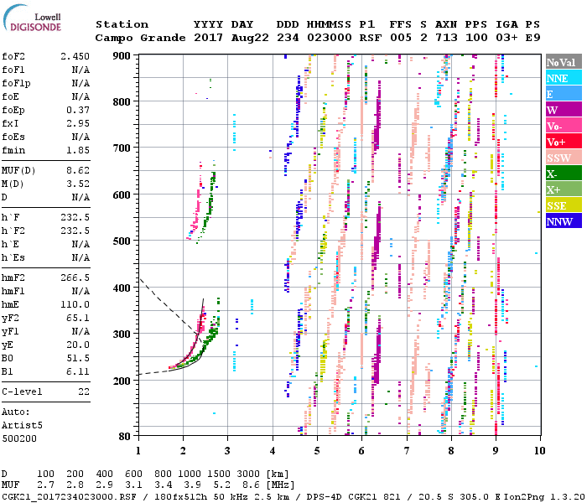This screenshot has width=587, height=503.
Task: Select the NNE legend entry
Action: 557,78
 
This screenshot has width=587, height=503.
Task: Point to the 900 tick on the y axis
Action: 122,55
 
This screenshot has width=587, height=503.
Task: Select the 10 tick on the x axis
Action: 538,450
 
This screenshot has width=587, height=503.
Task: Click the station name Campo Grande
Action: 132,38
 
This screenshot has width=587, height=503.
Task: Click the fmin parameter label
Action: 13,150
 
